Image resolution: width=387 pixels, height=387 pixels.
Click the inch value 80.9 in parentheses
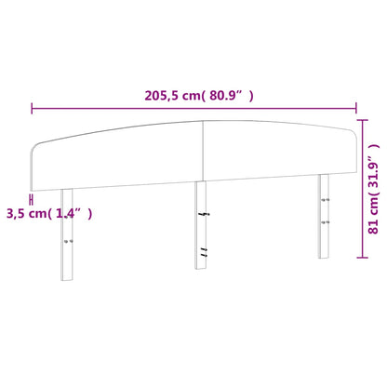[x=226, y=95]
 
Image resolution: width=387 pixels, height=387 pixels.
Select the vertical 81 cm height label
[x=372, y=200]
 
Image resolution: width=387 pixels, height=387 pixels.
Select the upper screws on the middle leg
[x=202, y=215]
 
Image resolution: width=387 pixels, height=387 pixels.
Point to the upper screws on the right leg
[x=324, y=202]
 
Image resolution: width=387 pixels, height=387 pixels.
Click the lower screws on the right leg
[x=324, y=223]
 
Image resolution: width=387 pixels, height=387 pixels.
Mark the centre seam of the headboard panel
[x=203, y=150]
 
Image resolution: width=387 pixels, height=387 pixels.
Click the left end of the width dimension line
[x=33, y=109]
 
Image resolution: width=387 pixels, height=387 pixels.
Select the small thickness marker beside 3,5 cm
[x=32, y=198]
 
